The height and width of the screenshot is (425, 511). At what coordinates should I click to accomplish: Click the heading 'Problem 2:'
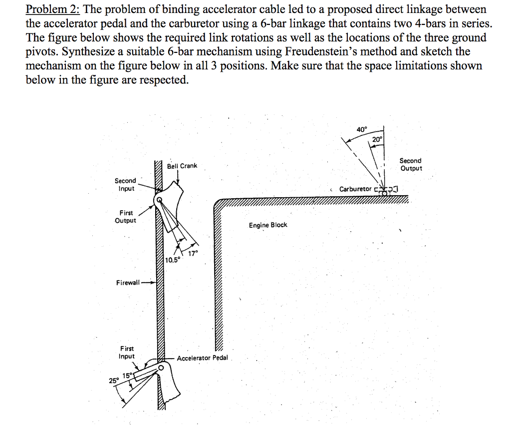click(53, 10)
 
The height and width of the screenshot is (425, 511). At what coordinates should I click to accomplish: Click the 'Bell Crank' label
click(182, 166)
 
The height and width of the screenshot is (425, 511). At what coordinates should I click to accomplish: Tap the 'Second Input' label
click(125, 184)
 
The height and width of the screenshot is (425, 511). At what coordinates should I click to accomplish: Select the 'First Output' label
click(125, 216)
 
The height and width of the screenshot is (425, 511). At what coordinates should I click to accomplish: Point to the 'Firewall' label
click(128, 283)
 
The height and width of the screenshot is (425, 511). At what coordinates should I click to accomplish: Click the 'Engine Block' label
click(268, 225)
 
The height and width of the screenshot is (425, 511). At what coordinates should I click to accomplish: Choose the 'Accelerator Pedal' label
click(202, 358)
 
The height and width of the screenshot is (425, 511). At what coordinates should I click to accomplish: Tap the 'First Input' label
click(127, 352)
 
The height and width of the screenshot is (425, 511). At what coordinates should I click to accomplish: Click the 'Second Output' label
click(410, 164)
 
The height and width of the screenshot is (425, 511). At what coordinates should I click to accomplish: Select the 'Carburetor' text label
click(355, 189)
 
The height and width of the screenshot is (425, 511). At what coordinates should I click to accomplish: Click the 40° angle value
click(362, 130)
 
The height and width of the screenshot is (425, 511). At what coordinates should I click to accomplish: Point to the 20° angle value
click(377, 139)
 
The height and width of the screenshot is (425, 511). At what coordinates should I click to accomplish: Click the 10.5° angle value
click(173, 260)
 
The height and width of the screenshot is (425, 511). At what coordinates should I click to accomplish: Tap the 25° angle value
click(114, 381)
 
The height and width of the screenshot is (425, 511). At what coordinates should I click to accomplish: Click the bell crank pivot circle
click(159, 200)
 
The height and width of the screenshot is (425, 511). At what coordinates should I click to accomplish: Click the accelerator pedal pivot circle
click(161, 368)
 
